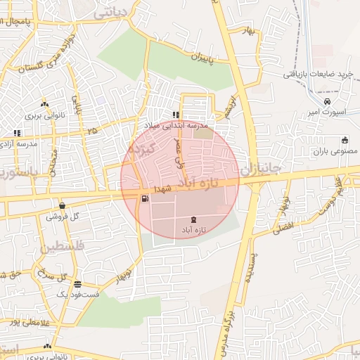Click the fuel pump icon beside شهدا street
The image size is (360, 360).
tap(144, 198)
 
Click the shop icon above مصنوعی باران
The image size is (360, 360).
tap(344, 139)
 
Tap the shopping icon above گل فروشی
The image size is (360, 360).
tap(63, 206)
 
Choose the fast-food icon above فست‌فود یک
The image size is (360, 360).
tap(77, 284)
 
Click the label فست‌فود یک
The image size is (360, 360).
tap(77, 295)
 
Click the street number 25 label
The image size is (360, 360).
tap(92, 130)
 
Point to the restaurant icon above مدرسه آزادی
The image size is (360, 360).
tap(17, 132)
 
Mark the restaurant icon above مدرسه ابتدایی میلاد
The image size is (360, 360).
tap(175, 115)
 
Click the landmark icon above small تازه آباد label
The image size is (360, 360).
tap(194, 221)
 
